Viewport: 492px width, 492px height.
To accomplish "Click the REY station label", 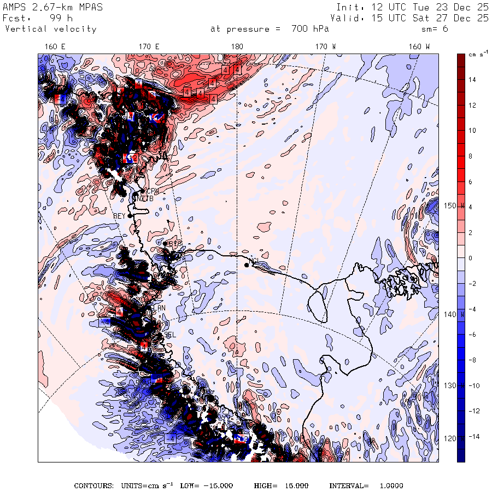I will (119, 216).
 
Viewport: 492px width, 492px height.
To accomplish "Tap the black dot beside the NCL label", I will (247, 265).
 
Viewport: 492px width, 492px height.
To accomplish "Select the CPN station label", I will (153, 191).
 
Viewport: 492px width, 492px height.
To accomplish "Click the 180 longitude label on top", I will (237, 47).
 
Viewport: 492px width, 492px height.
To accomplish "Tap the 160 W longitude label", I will (420, 47).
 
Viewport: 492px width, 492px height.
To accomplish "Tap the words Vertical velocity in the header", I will (50, 29).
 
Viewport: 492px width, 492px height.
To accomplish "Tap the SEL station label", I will (170, 335).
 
